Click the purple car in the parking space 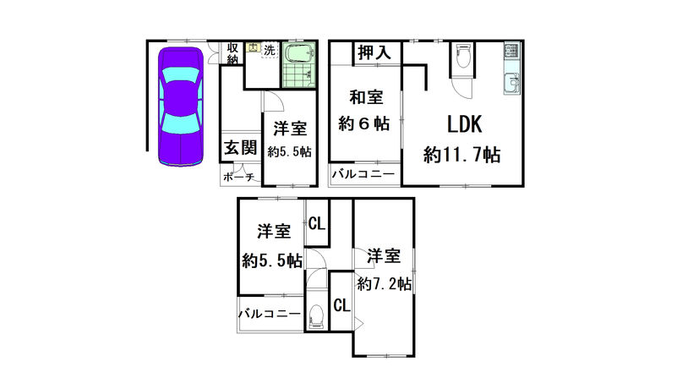coord(181,107)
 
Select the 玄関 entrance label coord(241,148)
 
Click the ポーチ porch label coord(238,177)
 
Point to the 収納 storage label coord(232,53)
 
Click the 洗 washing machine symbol coord(269,50)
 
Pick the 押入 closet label coord(374,52)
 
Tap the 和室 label coord(366,96)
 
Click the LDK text coord(464,124)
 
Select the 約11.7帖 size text coord(462,154)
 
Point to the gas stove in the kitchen coord(511,52)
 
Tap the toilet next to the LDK coord(463,56)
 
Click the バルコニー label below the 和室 coord(363,174)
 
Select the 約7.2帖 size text coord(384,284)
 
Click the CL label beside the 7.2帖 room coord(341,305)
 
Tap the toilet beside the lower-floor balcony coord(316,316)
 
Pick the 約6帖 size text coord(364,124)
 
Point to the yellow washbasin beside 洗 coord(254,47)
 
